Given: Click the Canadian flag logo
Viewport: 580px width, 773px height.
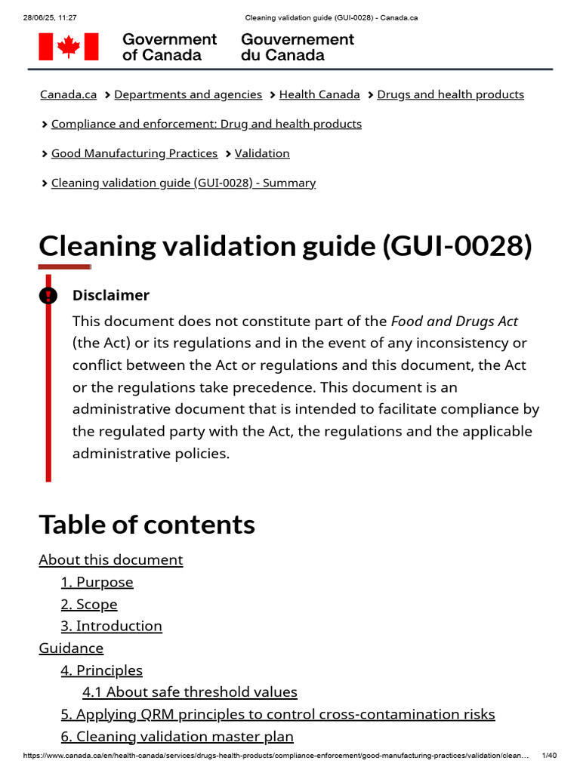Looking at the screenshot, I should pyautogui.click(x=69, y=47).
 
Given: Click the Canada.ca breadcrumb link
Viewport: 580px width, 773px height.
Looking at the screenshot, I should pyautogui.click(x=68, y=94).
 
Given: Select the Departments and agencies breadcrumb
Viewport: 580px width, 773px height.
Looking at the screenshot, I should pyautogui.click(x=188, y=94).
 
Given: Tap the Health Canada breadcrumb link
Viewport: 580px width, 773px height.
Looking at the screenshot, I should pyautogui.click(x=319, y=94).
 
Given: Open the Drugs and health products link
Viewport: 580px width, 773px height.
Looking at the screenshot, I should pyautogui.click(x=450, y=94).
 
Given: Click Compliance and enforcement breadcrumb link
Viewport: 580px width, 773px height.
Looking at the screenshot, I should pyautogui.click(x=206, y=124).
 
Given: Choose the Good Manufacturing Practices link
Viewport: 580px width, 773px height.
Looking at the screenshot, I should pyautogui.click(x=134, y=153).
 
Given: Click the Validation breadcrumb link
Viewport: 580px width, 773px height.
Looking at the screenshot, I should pyautogui.click(x=262, y=153).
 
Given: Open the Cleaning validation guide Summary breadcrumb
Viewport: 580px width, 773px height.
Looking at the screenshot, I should pyautogui.click(x=184, y=183).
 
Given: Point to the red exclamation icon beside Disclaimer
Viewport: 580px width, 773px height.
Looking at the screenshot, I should pyautogui.click(x=48, y=295).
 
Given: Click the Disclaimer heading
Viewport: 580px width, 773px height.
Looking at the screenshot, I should pyautogui.click(x=111, y=295).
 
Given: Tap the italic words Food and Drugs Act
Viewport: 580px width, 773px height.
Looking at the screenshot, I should pyautogui.click(x=455, y=321).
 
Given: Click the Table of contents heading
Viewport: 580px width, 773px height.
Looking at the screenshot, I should pyautogui.click(x=147, y=524).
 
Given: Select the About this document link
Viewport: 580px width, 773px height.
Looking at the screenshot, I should pyautogui.click(x=111, y=559).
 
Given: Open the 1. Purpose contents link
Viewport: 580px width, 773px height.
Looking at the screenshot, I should pyautogui.click(x=97, y=582).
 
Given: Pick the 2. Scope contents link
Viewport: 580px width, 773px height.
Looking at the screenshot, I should pyautogui.click(x=89, y=604).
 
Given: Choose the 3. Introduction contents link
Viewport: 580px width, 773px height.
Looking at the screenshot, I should pyautogui.click(x=111, y=626).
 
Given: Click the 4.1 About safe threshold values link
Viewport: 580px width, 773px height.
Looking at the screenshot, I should pyautogui.click(x=190, y=691).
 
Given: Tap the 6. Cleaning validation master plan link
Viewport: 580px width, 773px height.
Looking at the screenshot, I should pyautogui.click(x=177, y=736).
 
